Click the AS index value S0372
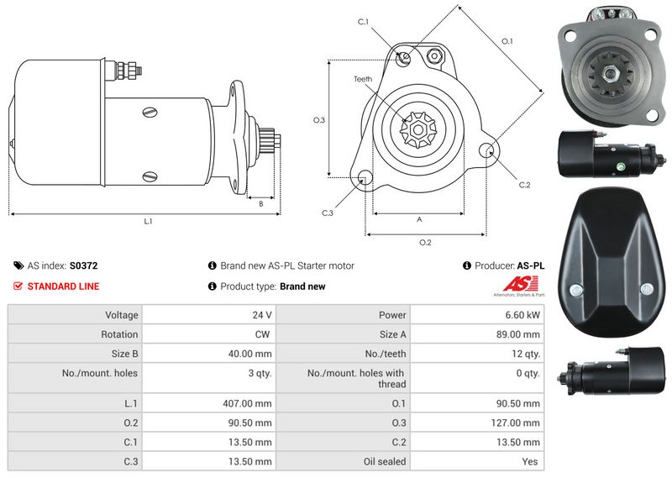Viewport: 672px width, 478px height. [x=83, y=265]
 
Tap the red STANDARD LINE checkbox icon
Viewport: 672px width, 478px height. [x=18, y=286]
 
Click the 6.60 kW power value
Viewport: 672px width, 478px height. [x=522, y=315]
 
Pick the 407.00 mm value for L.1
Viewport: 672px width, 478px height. [x=247, y=403]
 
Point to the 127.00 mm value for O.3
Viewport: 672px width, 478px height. [x=515, y=423]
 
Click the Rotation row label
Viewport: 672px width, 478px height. [x=119, y=334]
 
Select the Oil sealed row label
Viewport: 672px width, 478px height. [x=385, y=462]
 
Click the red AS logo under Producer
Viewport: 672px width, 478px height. [x=520, y=284]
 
